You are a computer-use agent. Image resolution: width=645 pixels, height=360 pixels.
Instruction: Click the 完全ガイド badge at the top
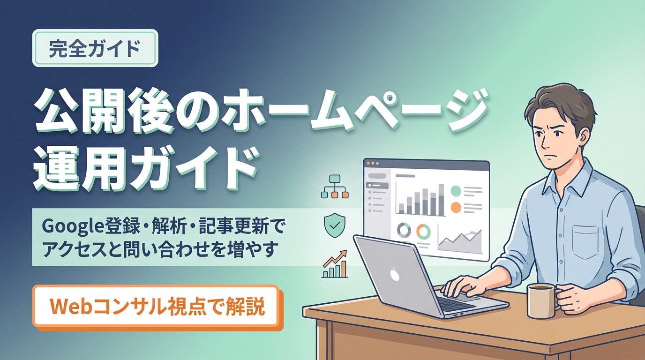tap(95, 48)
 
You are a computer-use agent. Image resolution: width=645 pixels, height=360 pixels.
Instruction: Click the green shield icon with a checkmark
tap(335, 225)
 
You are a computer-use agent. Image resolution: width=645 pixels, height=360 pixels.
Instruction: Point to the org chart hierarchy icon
tap(335, 187)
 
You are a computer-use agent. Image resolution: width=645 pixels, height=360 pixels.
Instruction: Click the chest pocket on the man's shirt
tap(585, 241)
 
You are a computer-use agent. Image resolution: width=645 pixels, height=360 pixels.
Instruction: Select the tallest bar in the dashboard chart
tap(441, 200)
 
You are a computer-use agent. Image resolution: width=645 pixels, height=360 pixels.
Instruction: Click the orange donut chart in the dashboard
tap(424, 231)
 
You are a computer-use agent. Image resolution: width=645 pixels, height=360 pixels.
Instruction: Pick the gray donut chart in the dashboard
tap(404, 231)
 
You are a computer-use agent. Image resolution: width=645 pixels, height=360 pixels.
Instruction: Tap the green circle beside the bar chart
tap(456, 191)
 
